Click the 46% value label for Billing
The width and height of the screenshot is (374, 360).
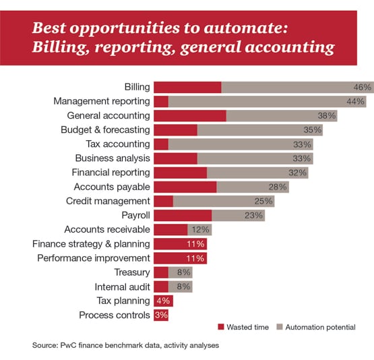click(x=363, y=87)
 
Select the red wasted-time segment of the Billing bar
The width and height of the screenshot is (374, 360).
click(x=187, y=87)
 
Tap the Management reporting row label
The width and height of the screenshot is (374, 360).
click(x=102, y=101)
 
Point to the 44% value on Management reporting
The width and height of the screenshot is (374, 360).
click(x=356, y=101)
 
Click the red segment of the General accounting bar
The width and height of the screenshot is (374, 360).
click(x=190, y=115)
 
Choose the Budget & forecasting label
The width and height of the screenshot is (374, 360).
click(x=105, y=129)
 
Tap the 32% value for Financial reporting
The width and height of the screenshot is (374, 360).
click(x=297, y=173)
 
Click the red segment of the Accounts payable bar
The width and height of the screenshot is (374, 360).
click(x=185, y=187)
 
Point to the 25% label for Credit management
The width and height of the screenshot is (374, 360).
click(x=263, y=201)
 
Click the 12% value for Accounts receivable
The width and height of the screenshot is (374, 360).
click(x=200, y=229)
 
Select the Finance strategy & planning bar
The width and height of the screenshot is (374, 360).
click(x=180, y=243)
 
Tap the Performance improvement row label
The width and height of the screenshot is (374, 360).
click(x=93, y=258)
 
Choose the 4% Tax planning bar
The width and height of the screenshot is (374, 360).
click(x=163, y=301)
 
